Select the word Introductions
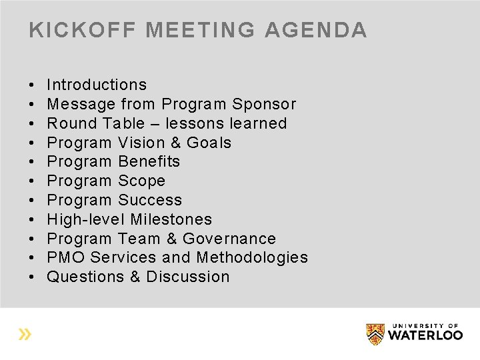pos(97,85)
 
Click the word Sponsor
pos(264,104)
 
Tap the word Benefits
pos(149,161)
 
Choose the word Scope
pos(141,181)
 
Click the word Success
pos(150,200)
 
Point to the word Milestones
pos(171,219)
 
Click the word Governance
pos(229,239)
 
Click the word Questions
pos(85,277)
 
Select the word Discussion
pos(187,277)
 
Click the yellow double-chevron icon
pos(25,334)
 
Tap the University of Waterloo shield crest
pos(375,333)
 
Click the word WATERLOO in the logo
pos(425,335)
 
